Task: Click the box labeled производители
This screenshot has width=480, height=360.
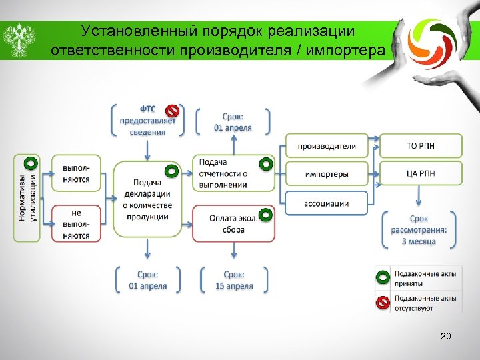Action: coord(326,146)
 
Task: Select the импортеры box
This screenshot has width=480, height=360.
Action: coord(326,174)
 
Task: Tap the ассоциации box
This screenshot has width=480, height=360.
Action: coord(326,203)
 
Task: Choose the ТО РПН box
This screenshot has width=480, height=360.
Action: coord(421,146)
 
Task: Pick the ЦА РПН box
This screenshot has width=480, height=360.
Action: coord(421,174)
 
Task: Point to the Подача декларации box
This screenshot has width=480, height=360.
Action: coord(147,199)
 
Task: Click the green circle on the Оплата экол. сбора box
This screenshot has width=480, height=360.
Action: coord(265,215)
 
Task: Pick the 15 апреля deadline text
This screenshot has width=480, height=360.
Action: coord(233,286)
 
